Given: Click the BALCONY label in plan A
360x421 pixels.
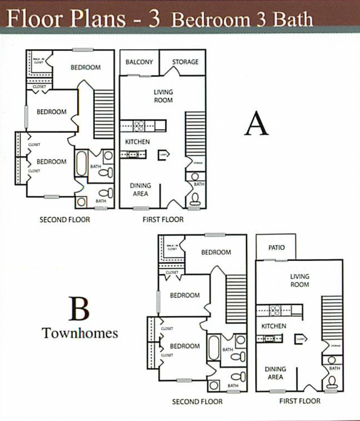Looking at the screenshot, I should pos(139,62).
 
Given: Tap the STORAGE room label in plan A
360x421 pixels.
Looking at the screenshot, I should pos(185,62).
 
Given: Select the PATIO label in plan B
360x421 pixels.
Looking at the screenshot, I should pos(277,248).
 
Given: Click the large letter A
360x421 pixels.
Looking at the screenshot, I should pos(256,124).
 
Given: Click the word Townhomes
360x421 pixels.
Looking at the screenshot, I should pos(80,333).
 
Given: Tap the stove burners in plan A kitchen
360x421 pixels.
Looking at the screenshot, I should pos(139,126).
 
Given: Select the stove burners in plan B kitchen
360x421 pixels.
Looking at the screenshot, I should pos(275,310).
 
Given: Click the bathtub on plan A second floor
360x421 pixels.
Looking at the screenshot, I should pos(82,163).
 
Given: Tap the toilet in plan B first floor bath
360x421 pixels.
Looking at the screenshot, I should pos(332,381).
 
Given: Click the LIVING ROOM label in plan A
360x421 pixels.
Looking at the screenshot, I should pos(163,96).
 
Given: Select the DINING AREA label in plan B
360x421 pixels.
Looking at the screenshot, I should pos(275,373).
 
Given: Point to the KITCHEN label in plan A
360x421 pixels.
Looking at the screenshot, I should pos(137,142).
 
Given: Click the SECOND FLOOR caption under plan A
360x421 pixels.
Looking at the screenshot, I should pos(65,220).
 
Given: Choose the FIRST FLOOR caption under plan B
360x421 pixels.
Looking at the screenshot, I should pos(300,401).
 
